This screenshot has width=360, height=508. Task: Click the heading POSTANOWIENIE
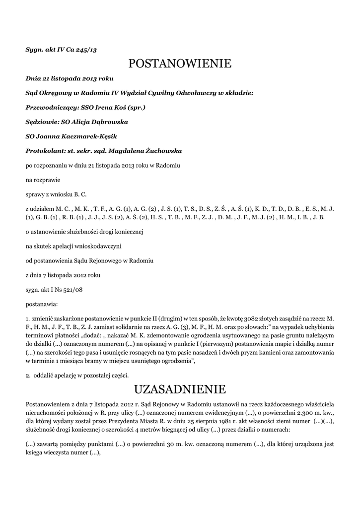click(x=180, y=63)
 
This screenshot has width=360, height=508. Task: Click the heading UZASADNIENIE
click(x=180, y=388)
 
